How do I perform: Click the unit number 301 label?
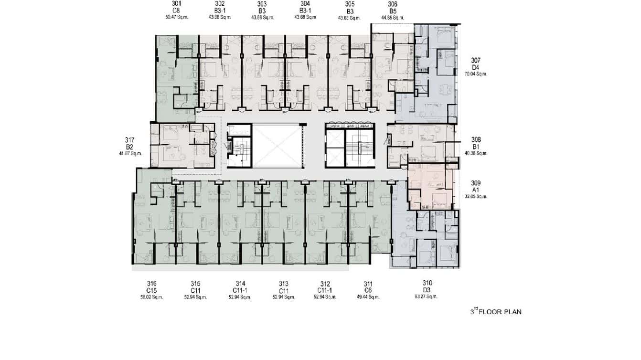pos(176,4)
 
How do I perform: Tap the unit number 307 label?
pos(476,61)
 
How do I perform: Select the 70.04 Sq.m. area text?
pos(476,74)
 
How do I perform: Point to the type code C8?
pos(176,11)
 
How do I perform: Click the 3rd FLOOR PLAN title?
pos(496,312)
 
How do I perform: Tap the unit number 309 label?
pos(476,183)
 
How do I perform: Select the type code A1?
pos(476,190)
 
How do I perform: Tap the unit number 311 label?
pos(368,283)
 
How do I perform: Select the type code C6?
pos(368,290)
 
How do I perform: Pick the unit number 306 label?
pos(393,4)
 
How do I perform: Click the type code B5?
pos(393,11)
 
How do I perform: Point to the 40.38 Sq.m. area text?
pos(476,154)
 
